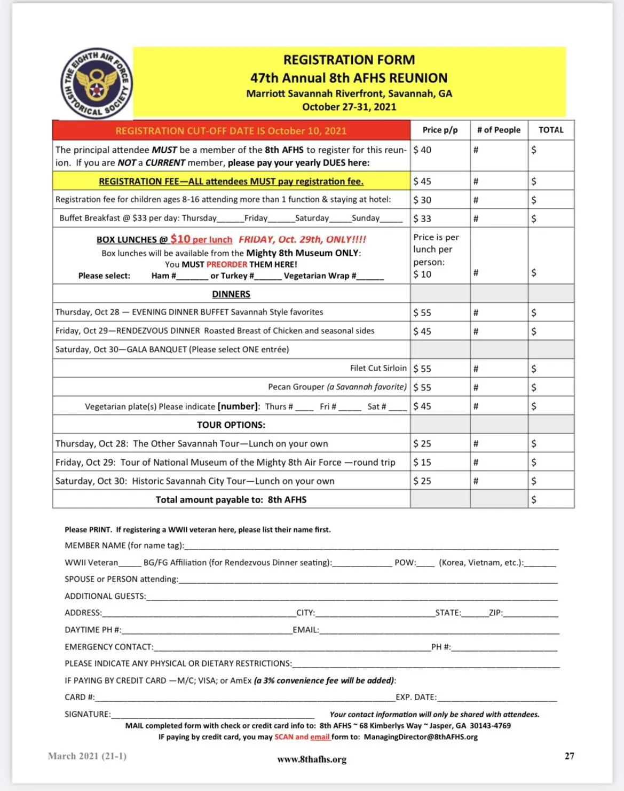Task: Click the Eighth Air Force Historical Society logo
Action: coord(97,83)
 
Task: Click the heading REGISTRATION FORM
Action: coord(349,60)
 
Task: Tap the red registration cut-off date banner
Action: coord(231,131)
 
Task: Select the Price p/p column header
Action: coord(440,130)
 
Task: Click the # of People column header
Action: coord(499,130)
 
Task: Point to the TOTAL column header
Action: coord(551,130)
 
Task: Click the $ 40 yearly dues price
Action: coord(422,150)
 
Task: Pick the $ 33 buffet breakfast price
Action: coord(422,218)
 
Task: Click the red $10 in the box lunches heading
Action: coord(180,239)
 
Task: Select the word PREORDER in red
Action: coord(227,264)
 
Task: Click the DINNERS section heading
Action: coord(231,294)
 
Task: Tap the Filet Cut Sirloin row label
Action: coord(378,368)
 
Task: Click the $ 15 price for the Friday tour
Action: coord(422,462)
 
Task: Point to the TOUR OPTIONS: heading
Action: coord(231,425)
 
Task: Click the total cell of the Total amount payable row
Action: coord(551,499)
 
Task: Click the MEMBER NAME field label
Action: coord(124,545)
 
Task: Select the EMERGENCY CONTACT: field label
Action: coord(109,647)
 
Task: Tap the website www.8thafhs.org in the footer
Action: coord(312,759)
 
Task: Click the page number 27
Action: coord(570,756)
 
